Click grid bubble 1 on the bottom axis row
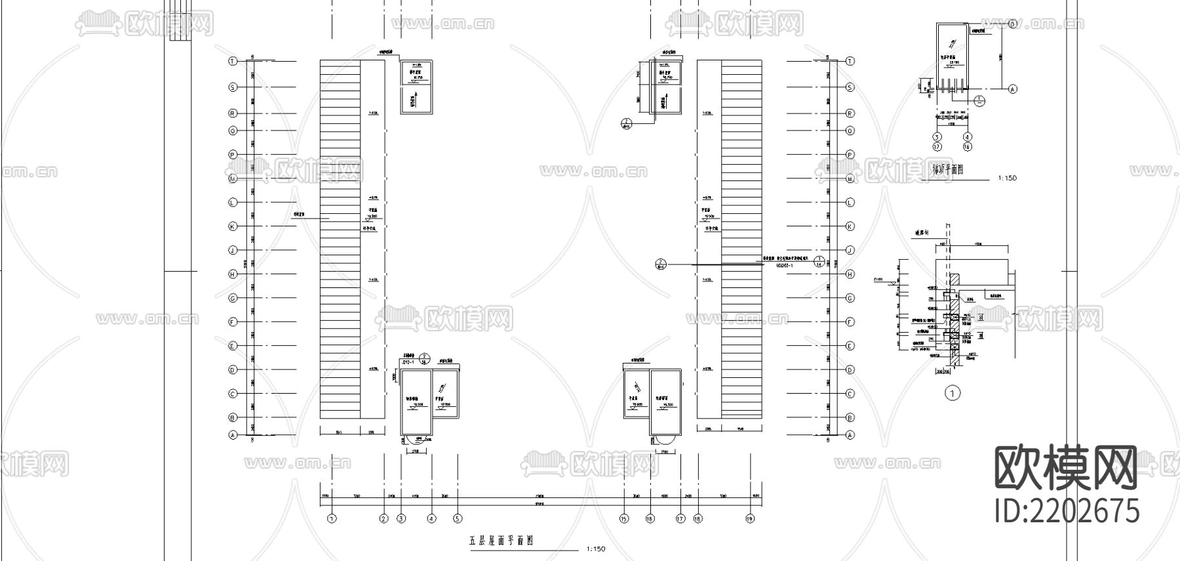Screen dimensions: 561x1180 (332, 518)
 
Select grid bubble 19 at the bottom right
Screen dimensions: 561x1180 (750, 518)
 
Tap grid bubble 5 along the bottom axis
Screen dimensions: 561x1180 (458, 518)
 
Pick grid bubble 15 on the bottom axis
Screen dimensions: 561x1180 (624, 518)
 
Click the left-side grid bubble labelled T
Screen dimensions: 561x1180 (232, 61)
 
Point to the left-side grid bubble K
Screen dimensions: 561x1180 (232, 226)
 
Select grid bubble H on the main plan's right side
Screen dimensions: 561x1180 (850, 274)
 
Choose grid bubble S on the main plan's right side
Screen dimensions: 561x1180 (850, 87)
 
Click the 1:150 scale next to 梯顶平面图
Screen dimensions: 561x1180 (1007, 178)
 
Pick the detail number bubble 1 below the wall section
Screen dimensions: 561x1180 (952, 393)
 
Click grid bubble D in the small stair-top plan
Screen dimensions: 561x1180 (1012, 24)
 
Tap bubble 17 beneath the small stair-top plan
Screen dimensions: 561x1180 (937, 147)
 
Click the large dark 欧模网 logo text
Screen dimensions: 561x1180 (1066, 467)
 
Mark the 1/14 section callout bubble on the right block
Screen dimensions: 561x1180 (819, 262)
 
